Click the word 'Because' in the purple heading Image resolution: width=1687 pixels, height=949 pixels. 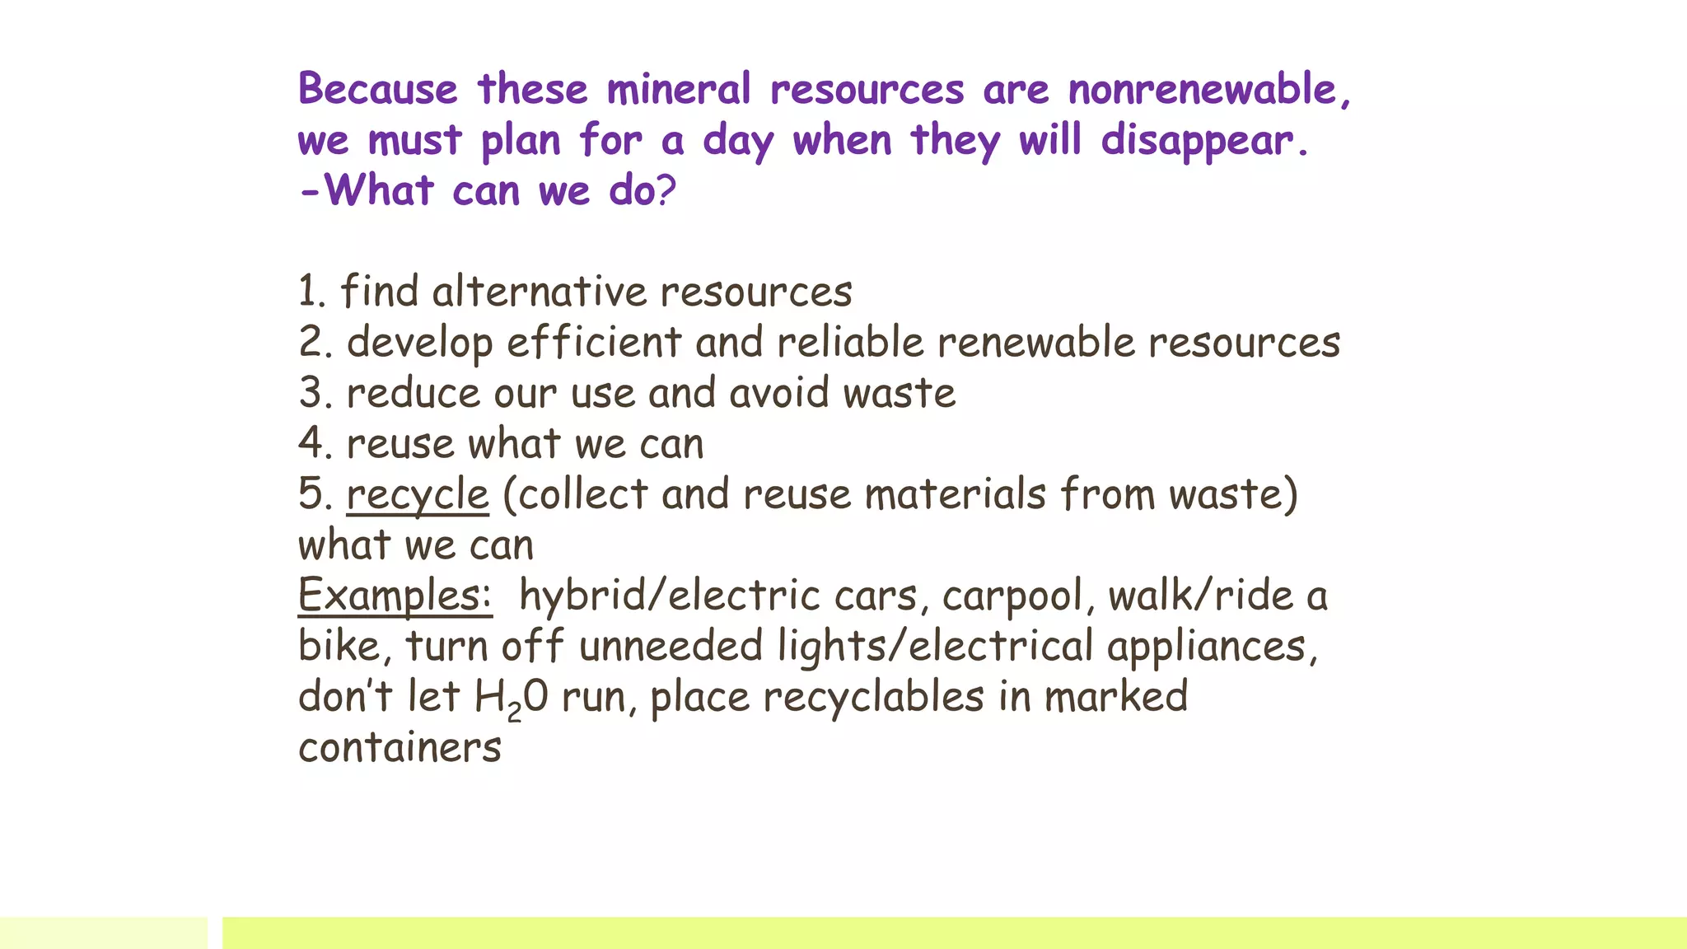click(x=377, y=89)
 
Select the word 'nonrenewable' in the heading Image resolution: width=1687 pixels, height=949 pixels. click(x=1203, y=89)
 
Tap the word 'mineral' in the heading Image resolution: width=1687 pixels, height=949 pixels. click(x=679, y=89)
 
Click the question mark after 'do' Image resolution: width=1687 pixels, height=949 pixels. click(x=666, y=191)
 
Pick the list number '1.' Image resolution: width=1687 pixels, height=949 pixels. click(x=312, y=292)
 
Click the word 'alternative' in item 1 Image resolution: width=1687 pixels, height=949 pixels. click(x=540, y=292)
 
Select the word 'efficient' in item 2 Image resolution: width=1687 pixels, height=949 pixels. click(x=594, y=343)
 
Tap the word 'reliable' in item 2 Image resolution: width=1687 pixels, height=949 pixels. click(x=850, y=343)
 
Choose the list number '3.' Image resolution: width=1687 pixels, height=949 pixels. click(x=315, y=393)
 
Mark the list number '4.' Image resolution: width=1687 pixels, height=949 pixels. click(x=315, y=444)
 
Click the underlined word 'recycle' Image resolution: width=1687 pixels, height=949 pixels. click(x=418, y=495)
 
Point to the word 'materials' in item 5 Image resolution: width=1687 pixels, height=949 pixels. click(x=955, y=495)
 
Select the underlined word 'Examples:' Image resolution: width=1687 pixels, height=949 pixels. click(x=395, y=596)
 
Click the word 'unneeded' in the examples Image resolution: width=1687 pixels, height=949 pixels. click(x=671, y=646)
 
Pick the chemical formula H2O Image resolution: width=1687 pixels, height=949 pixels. click(x=511, y=698)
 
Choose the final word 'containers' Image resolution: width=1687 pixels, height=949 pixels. click(x=400, y=748)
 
